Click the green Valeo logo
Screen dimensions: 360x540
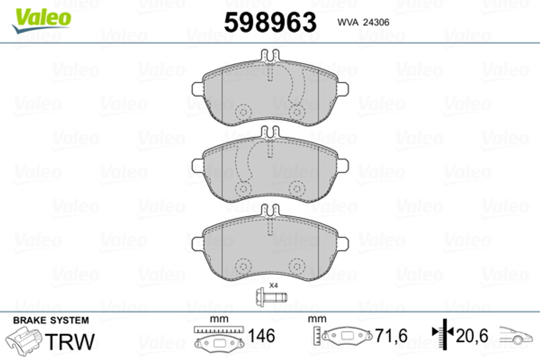pos(42,18)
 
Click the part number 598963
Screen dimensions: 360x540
pos(269,23)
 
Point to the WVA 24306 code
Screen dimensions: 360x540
pos(363,23)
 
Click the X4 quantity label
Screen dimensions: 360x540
pos(273,285)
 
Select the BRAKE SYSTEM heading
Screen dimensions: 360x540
pos(50,320)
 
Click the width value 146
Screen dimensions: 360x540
pos(261,336)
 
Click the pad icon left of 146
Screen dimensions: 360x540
pos(218,342)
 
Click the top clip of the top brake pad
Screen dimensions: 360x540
pos(269,55)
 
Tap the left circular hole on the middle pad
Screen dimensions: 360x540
pos(243,188)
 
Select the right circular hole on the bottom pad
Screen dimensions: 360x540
pos(295,266)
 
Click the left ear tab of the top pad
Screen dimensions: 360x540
pos(197,88)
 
